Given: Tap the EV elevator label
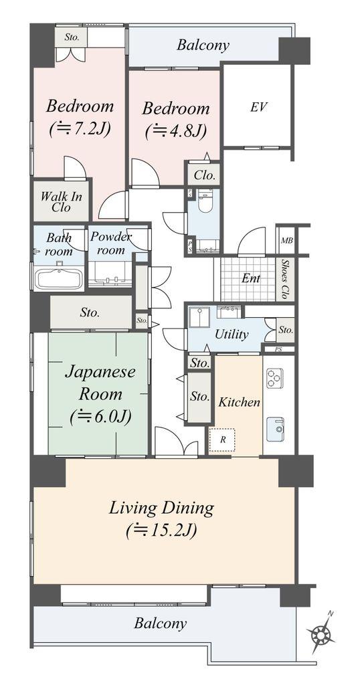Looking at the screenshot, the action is [259, 107].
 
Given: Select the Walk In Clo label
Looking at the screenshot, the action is [62, 201].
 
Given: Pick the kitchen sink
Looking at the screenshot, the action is [275, 429].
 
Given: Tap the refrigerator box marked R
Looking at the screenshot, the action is [222, 439].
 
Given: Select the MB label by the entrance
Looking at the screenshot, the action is [287, 241].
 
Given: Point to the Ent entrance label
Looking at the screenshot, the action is [251, 278].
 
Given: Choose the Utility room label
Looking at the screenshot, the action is [232, 334].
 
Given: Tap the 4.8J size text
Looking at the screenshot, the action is [175, 130].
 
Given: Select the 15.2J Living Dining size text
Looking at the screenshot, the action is [161, 530].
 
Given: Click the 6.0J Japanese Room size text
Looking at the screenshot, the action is [100, 417].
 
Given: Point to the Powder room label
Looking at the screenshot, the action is [110, 243].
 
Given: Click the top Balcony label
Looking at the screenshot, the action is [203, 45].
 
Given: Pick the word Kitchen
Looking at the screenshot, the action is [240, 402].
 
